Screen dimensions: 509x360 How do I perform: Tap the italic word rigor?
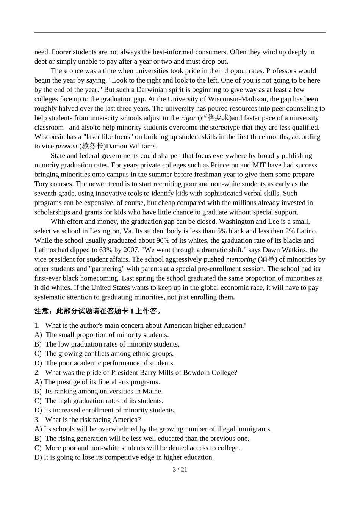pos(188,118)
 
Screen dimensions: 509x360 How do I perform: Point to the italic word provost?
pos(66,146)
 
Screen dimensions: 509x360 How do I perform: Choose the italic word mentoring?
pos(241,259)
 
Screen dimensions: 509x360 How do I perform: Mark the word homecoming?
pos(101,278)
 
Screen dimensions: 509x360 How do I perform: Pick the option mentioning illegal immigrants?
pos(153,429)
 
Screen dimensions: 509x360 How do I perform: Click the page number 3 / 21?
pos(180,470)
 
